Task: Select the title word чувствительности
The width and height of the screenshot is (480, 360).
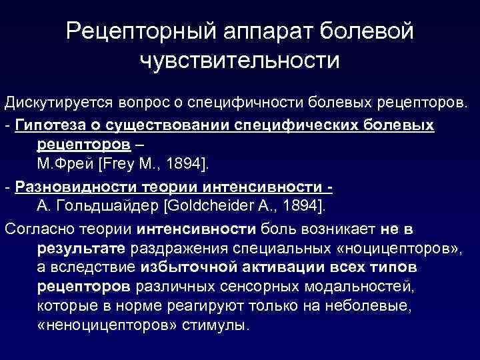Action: pyautogui.click(x=239, y=61)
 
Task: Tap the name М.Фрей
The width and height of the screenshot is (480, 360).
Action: pyautogui.click(x=59, y=165)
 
